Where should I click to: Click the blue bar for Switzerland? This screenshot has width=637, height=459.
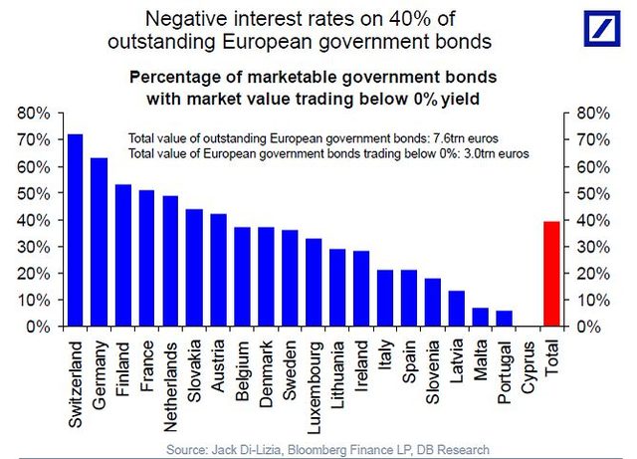tap(75, 230)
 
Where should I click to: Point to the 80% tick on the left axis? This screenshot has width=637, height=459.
tap(36, 114)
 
